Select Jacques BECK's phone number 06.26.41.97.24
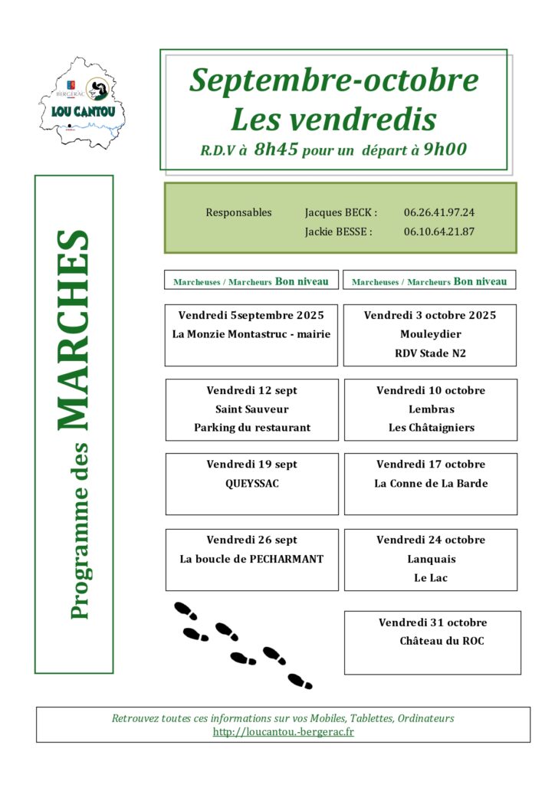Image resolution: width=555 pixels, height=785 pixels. [x=439, y=212]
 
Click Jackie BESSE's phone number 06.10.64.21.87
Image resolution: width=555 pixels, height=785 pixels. [x=439, y=232]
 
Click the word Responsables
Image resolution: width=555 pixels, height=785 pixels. [x=238, y=212]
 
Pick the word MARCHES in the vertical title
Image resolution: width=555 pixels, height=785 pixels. [x=74, y=330]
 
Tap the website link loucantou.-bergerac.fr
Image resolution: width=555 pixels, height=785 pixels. [x=283, y=731]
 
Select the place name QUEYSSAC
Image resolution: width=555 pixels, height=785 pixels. [x=252, y=484]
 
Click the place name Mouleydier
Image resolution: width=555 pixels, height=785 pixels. [x=430, y=334]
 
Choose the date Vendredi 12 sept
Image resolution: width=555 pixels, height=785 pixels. [x=251, y=390]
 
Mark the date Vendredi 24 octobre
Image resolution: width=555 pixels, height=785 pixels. [x=430, y=540]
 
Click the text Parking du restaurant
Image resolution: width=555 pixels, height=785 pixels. [x=252, y=428]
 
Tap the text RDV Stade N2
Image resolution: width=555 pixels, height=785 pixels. [x=430, y=353]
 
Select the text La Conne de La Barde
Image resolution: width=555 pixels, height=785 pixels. [x=431, y=484]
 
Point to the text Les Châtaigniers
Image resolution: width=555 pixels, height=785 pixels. [x=431, y=428]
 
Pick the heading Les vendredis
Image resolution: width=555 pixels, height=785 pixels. [x=333, y=119]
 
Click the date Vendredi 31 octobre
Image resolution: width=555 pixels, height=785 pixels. [x=432, y=622]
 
